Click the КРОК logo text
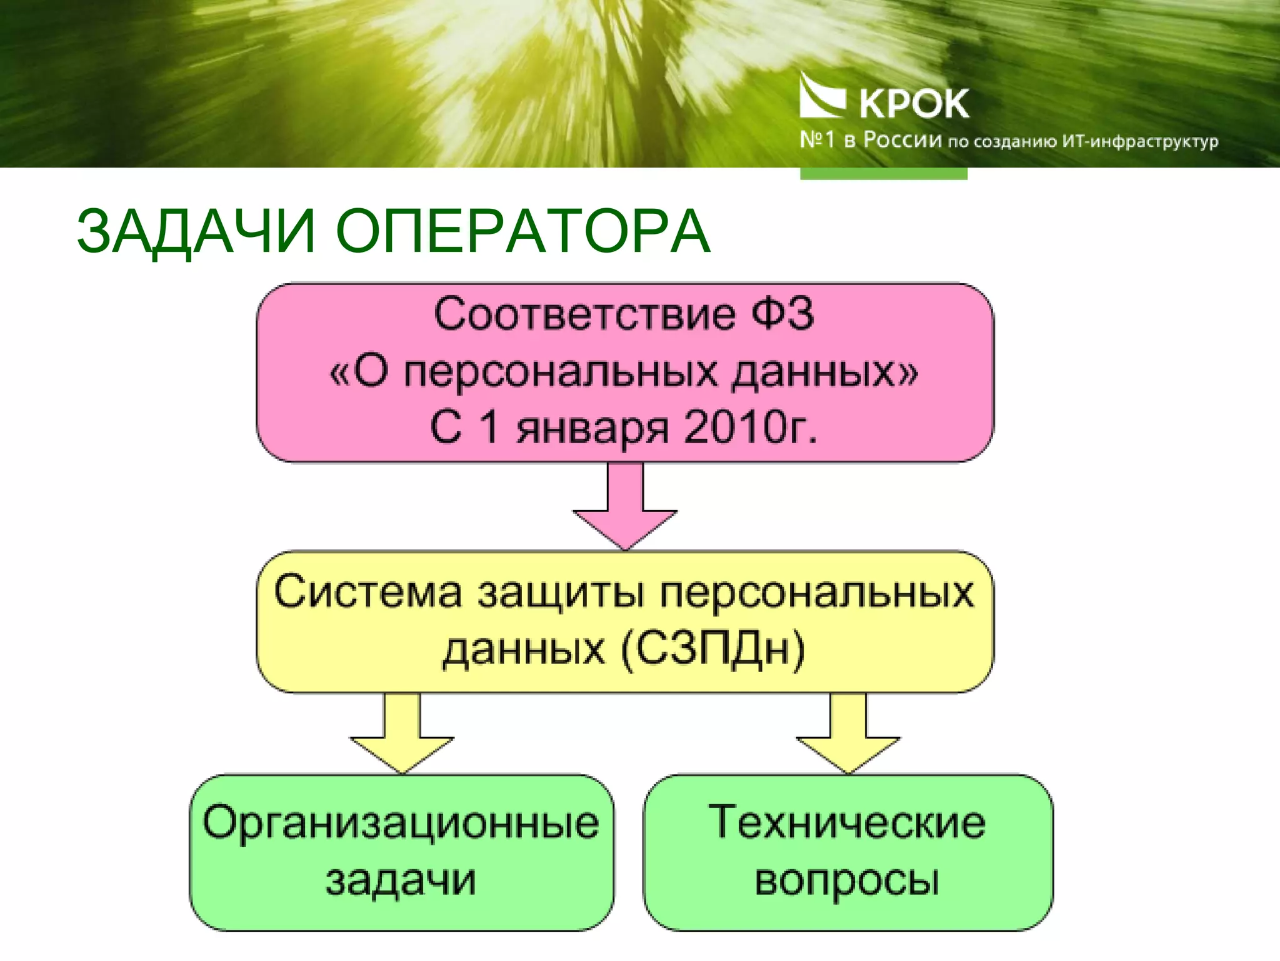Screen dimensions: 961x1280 tap(914, 104)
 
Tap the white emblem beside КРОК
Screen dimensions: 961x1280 tap(822, 96)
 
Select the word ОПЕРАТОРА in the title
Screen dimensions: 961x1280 tap(522, 232)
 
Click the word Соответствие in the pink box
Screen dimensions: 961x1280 tap(584, 314)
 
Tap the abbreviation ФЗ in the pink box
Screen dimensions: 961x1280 tap(782, 314)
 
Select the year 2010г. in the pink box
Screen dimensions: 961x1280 tap(750, 428)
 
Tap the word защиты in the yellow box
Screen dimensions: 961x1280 tap(561, 593)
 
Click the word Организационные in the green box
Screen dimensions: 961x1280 tap(401, 823)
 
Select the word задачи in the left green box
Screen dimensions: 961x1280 tap(401, 880)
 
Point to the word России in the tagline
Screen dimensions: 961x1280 tap(902, 140)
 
